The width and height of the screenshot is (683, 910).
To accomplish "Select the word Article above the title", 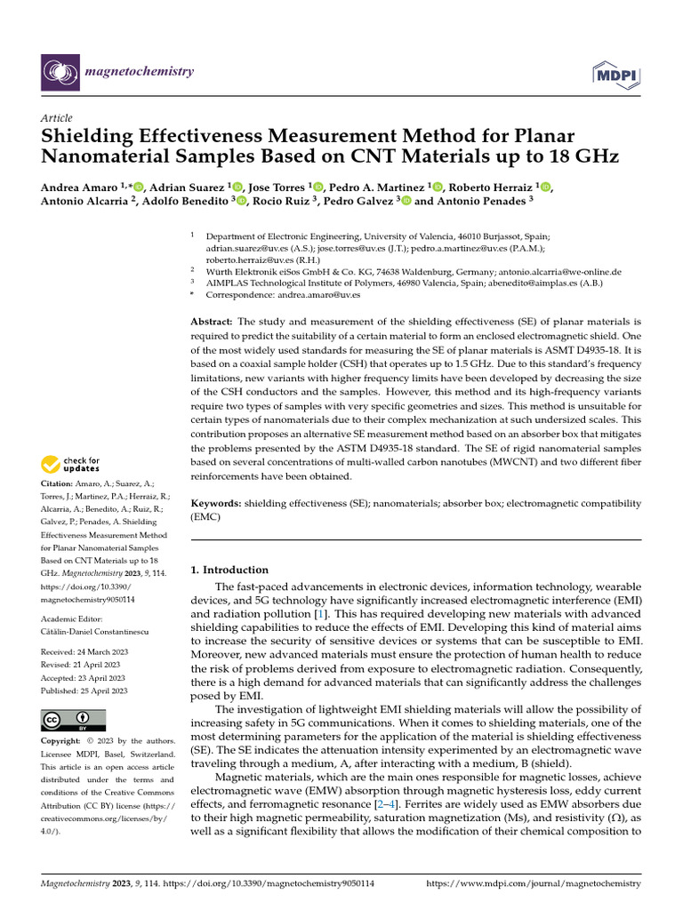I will coord(57,118).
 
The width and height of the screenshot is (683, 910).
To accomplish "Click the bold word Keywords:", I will coord(216,503).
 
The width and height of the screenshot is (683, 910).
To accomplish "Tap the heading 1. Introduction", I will coord(229,570).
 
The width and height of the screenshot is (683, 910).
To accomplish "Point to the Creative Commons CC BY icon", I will coord(73,719).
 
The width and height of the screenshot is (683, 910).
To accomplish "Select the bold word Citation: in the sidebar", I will coord(58,483).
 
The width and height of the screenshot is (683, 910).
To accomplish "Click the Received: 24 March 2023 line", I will coord(84,652).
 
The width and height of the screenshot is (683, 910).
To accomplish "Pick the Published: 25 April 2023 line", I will coord(84,690).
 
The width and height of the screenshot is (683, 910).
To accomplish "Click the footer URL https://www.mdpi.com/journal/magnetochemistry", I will coord(534,884).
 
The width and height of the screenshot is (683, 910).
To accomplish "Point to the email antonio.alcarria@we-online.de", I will coord(559,271).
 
